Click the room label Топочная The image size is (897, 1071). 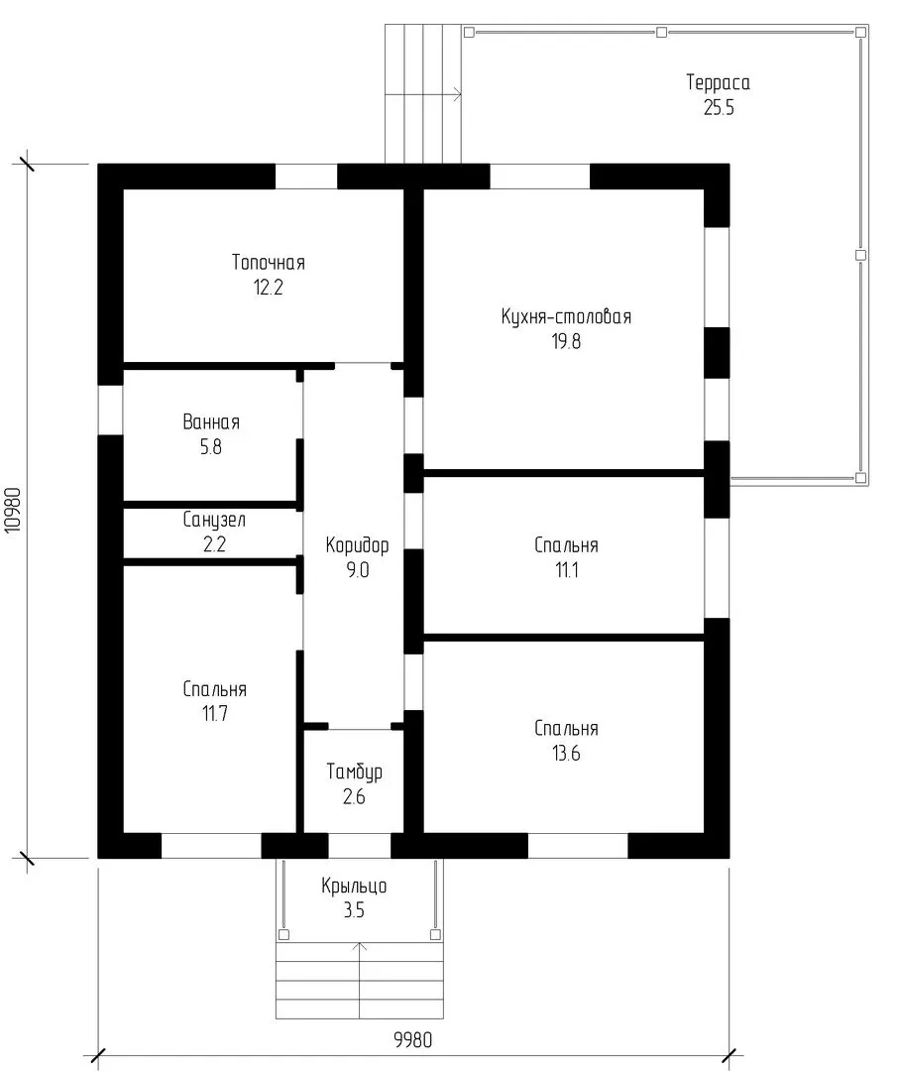coord(269,262)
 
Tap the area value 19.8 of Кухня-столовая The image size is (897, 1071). coord(566,341)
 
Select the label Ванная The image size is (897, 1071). coord(211,421)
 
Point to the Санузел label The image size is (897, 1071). coord(214,520)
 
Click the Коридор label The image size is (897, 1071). coord(357,545)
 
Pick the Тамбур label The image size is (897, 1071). coord(354,772)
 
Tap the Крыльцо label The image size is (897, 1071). coord(354,886)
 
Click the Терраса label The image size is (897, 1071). coord(719,82)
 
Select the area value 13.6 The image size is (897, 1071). coord(566,754)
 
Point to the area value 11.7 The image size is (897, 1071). coord(214,714)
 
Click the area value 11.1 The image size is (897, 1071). coord(567,569)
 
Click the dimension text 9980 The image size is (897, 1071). coord(413,1040)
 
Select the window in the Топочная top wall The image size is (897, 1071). coord(306,177)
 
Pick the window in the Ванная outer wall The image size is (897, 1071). coord(111,410)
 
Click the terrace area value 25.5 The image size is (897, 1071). coord(719,108)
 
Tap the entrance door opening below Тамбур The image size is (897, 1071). coord(360,846)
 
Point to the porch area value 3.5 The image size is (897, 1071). coord(354,910)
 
